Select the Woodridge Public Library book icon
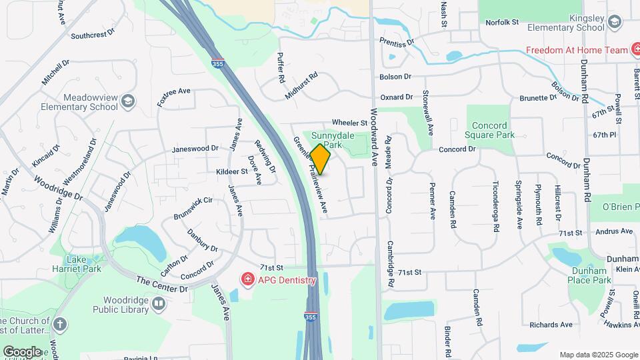[159, 305]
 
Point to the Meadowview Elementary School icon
[128, 102]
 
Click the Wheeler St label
[349, 123]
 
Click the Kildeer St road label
[232, 171]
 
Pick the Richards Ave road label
[551, 325]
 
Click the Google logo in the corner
[21, 351]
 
